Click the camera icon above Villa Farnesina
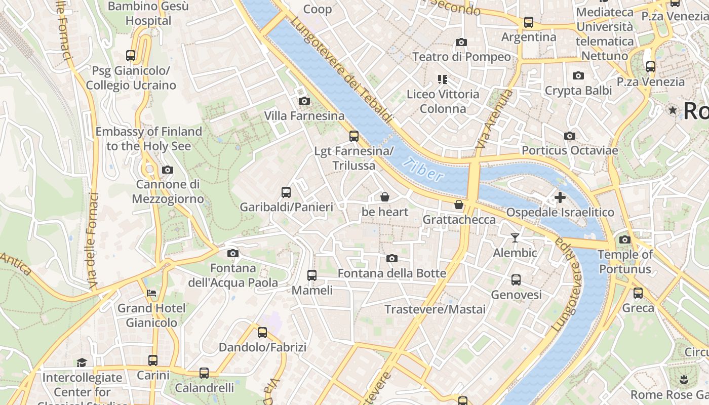(304, 101)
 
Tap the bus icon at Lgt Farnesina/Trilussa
(354, 136)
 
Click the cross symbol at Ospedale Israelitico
(560, 197)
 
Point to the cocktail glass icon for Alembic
(515, 238)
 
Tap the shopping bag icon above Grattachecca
(459, 205)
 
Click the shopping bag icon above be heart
(385, 197)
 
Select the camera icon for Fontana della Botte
(391, 259)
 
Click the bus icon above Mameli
(312, 275)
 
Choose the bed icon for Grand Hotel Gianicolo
(151, 293)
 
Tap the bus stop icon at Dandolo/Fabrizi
(262, 333)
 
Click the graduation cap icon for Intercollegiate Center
(82, 362)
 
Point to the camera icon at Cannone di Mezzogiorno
(168, 170)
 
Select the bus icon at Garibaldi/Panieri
(286, 192)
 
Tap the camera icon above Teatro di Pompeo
(461, 42)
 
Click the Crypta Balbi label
(578, 91)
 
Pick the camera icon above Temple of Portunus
(625, 239)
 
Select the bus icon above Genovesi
(516, 279)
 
